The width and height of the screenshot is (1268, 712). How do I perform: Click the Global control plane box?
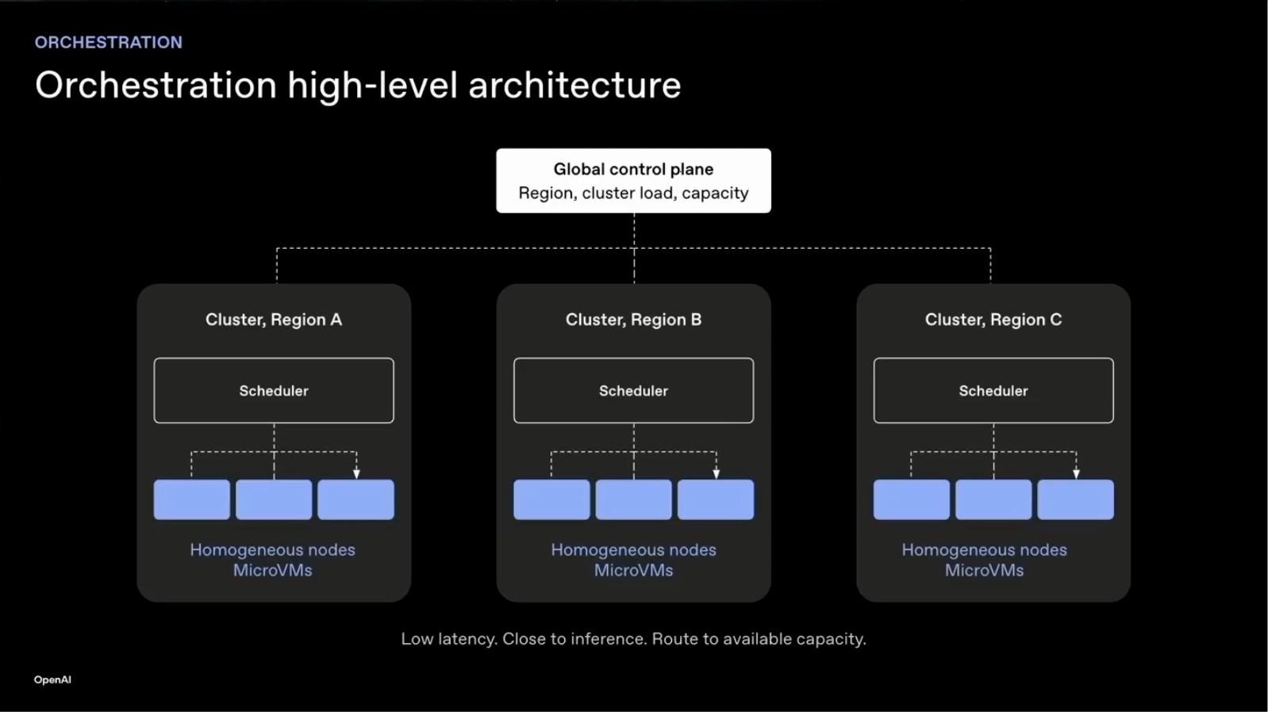click(633, 181)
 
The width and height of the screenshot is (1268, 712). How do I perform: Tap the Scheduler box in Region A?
click(274, 390)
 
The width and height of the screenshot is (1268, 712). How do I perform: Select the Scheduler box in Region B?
click(633, 390)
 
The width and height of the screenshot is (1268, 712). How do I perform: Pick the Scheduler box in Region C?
click(993, 390)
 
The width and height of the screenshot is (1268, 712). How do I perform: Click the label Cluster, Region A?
click(274, 320)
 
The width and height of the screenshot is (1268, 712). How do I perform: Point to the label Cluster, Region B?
click(633, 320)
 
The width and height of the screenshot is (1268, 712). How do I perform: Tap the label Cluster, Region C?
click(993, 320)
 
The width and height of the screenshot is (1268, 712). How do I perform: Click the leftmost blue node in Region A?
click(192, 500)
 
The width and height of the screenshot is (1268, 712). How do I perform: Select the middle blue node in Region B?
click(633, 500)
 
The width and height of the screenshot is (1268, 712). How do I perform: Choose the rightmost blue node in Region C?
click(1075, 500)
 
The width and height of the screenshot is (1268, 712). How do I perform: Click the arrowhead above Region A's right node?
click(356, 474)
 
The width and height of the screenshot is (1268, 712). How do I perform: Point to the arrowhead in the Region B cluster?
click(717, 474)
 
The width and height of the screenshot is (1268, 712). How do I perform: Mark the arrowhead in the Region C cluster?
click(1076, 474)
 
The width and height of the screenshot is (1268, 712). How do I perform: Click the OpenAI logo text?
click(52, 679)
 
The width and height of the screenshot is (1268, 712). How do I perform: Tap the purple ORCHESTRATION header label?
click(109, 42)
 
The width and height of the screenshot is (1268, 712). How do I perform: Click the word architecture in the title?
click(574, 86)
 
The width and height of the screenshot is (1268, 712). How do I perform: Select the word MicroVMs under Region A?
click(273, 570)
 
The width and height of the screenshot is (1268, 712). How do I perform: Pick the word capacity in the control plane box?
click(715, 193)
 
